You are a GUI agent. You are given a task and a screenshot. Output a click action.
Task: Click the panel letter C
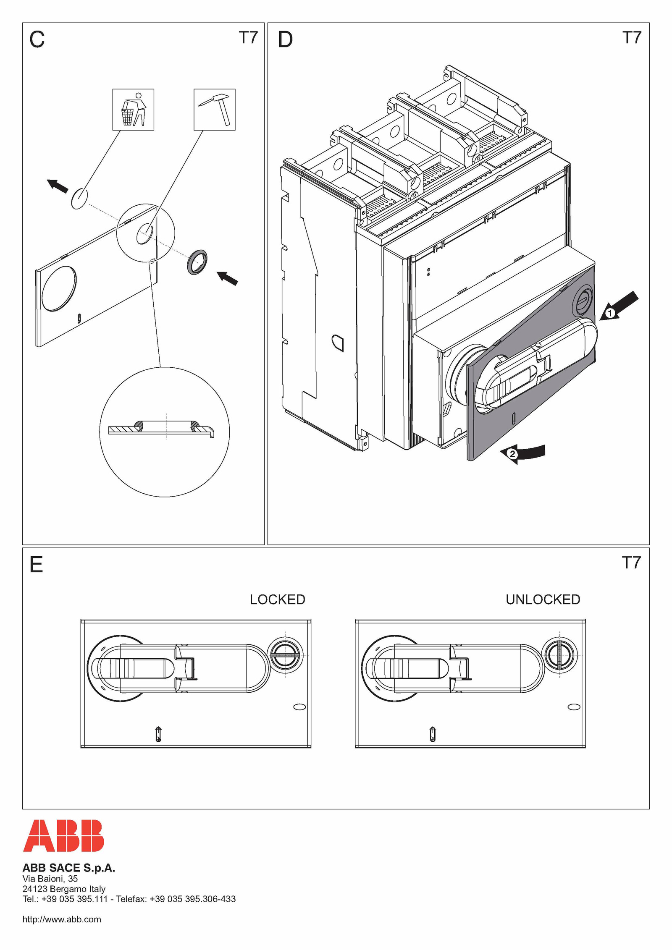37,39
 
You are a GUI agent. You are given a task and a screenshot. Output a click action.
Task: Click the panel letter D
285,39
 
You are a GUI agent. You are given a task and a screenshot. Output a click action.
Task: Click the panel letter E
36,564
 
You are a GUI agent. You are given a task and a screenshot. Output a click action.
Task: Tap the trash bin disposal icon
133,110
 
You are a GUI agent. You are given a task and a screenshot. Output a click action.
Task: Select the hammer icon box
214,110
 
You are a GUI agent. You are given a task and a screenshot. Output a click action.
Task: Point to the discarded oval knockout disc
79,198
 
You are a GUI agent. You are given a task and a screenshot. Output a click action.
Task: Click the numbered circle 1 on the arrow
610,313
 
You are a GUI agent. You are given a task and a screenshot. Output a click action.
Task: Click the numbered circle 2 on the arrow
512,454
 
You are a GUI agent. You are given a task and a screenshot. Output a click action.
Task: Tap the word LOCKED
278,599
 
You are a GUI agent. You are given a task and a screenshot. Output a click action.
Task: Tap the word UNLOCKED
543,599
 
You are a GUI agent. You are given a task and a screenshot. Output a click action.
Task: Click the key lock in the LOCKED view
285,655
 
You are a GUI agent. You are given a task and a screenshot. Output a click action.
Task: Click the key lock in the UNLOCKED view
559,655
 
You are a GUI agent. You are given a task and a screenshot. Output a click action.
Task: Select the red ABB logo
63,835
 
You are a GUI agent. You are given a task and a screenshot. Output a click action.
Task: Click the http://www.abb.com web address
62,919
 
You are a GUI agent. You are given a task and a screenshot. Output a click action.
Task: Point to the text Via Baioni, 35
50,879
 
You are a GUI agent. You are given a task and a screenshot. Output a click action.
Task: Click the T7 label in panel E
631,563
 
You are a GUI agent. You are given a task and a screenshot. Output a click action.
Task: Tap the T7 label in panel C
248,37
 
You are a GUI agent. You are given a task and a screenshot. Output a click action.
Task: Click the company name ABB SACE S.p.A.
69,868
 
